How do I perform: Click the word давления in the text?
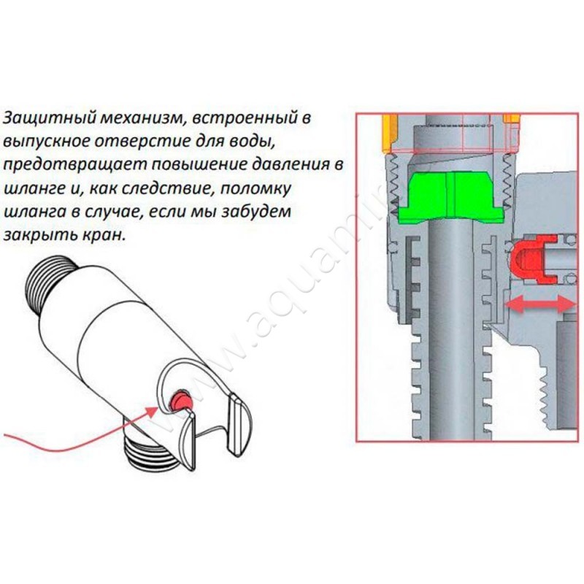pos(289,164)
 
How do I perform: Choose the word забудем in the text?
pos(256,212)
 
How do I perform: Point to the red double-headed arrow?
pos(539,304)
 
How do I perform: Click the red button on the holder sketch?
pos(180,400)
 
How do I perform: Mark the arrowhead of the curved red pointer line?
pos(153,412)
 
